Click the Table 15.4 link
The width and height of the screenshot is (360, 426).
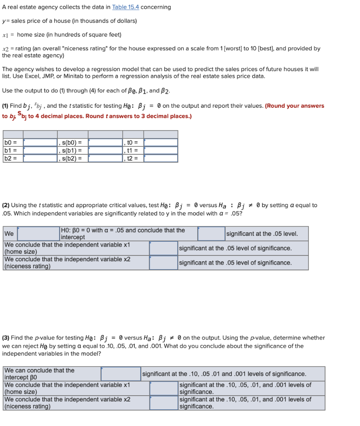pos(125,7)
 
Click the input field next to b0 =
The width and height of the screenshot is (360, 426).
pos(40,143)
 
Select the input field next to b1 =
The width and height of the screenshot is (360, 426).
pos(40,150)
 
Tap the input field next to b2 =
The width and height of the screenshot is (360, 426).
pos(40,158)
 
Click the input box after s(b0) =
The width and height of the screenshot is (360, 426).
pos(105,143)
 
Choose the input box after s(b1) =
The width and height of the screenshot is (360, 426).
pos(105,150)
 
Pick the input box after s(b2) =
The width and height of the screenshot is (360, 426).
pos(105,158)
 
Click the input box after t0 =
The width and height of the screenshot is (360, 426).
pos(161,143)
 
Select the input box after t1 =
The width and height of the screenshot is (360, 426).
pos(161,150)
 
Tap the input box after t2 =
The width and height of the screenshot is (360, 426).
pos(161,158)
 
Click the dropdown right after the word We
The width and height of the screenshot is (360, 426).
pos(38,234)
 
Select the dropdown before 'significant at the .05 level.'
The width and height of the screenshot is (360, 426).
pos(211,234)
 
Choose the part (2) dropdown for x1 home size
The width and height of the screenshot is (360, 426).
pos(164,248)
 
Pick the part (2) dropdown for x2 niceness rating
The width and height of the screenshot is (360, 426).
pos(164,263)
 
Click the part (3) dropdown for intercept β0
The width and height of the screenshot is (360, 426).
pos(121,374)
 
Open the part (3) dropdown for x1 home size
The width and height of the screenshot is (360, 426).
pos(164,389)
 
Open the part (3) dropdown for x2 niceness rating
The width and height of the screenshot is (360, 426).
pos(164,403)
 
